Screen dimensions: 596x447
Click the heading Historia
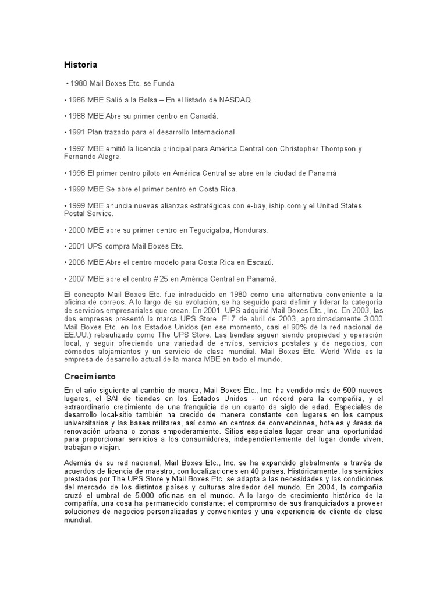pos(80,64)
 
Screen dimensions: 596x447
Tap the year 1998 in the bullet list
pos(77,173)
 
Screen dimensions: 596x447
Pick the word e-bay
pos(251,206)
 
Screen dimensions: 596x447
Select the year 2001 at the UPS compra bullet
pos(77,246)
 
